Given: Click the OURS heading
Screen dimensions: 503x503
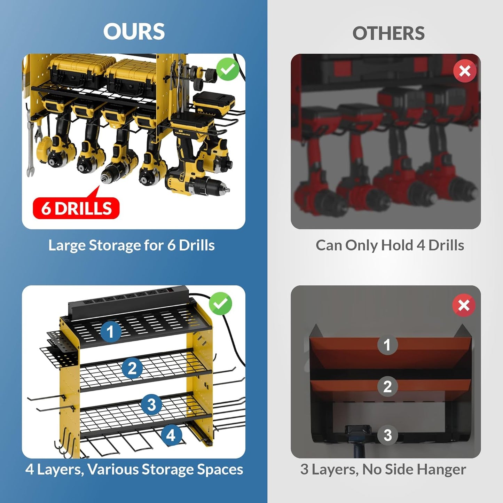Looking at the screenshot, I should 134,32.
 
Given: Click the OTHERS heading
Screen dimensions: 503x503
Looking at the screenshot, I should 388,33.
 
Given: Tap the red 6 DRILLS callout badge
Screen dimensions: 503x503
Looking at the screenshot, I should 76,208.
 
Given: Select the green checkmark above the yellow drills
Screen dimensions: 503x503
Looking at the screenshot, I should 228,70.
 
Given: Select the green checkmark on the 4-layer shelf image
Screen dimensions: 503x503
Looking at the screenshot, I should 220,304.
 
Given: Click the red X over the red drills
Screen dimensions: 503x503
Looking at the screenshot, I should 465,71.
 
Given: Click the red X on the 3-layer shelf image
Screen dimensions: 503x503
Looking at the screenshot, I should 464,306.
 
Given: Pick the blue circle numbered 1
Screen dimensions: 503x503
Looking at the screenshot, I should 111,331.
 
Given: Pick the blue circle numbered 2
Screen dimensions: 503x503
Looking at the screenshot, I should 132,368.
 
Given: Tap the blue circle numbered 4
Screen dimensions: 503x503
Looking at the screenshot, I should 171,435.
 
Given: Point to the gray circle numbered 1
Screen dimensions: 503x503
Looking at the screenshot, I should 387,345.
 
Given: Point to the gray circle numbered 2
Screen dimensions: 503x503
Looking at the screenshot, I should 387,387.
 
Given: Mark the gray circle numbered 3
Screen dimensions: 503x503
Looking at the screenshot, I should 387,435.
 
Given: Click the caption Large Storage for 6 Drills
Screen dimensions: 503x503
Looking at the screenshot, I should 131,245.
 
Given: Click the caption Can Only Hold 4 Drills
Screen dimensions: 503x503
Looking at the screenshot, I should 390,245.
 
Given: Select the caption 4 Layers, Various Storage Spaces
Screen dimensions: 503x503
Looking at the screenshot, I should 134,469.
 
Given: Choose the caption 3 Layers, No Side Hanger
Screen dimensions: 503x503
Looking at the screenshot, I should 383,469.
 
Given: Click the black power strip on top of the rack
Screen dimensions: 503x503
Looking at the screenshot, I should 129,299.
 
